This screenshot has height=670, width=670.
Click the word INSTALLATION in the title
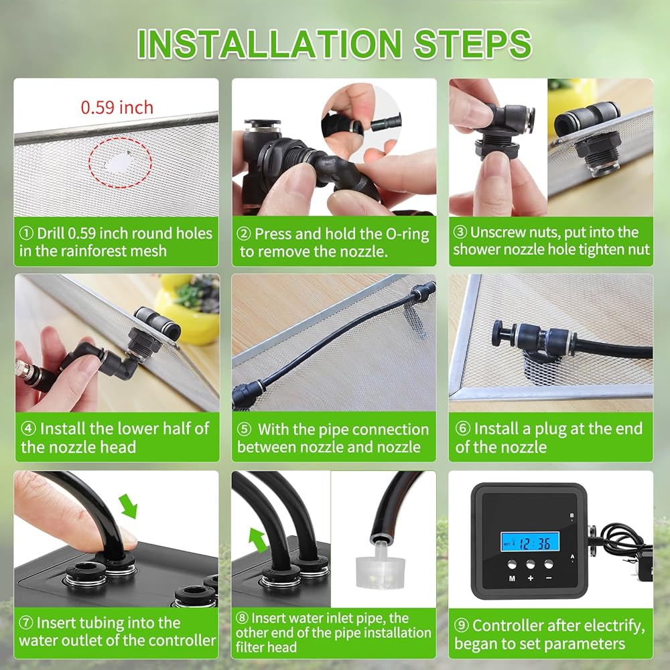click(269, 44)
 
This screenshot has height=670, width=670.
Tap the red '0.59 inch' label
click(117, 107)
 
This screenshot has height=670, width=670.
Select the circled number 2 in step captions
click(244, 234)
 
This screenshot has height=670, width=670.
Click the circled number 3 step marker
click(460, 232)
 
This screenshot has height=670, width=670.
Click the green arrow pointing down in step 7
click(129, 506)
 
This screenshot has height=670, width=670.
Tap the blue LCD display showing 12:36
click(530, 542)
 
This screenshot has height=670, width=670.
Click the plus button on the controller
click(530, 564)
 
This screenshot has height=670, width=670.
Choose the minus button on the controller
click(549, 564)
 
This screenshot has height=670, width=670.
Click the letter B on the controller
click(572, 516)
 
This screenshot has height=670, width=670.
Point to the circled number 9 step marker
click(462, 626)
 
